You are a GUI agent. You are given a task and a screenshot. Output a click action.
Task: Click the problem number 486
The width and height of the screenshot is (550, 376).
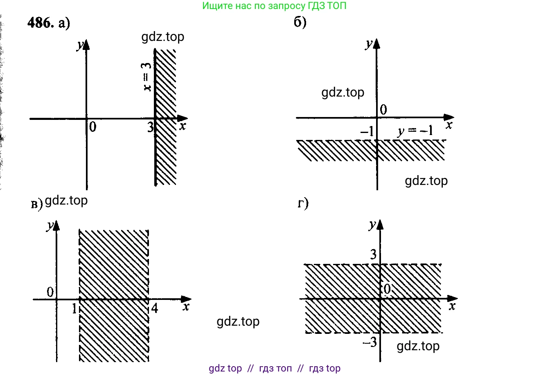[x=40, y=23]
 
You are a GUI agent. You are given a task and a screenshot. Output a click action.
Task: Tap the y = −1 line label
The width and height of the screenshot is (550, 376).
[x=415, y=131]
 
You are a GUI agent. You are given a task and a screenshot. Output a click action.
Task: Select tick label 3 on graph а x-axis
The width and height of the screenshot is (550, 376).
[x=151, y=127]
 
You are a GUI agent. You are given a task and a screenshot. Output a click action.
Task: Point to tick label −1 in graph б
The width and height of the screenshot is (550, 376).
[x=367, y=131]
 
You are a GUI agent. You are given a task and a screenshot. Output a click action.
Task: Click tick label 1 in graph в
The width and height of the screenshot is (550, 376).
[x=74, y=308]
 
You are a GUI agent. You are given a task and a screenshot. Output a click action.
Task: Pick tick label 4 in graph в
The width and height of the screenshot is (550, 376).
[x=154, y=308]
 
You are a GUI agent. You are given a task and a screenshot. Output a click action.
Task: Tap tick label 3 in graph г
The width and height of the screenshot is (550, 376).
[x=373, y=254]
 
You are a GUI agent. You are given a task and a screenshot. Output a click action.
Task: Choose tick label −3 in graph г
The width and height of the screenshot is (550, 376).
[x=370, y=342]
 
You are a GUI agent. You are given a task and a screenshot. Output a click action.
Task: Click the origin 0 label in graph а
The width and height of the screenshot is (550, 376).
[x=93, y=127]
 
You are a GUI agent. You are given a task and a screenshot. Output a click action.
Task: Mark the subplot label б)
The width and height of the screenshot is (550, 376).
[x=300, y=22]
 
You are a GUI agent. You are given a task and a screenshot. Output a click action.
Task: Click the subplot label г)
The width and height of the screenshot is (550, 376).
[x=303, y=203]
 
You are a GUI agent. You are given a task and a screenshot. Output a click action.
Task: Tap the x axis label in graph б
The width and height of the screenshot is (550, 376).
[x=449, y=125]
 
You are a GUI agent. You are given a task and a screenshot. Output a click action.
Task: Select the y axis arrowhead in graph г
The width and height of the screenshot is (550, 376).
[x=380, y=224]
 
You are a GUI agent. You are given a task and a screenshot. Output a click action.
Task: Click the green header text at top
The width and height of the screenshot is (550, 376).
[x=274, y=6]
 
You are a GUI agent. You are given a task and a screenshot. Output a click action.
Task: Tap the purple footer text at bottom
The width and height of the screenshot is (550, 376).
[x=274, y=368]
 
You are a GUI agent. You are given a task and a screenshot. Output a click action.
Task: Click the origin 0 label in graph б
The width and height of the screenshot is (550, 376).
[x=383, y=110]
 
